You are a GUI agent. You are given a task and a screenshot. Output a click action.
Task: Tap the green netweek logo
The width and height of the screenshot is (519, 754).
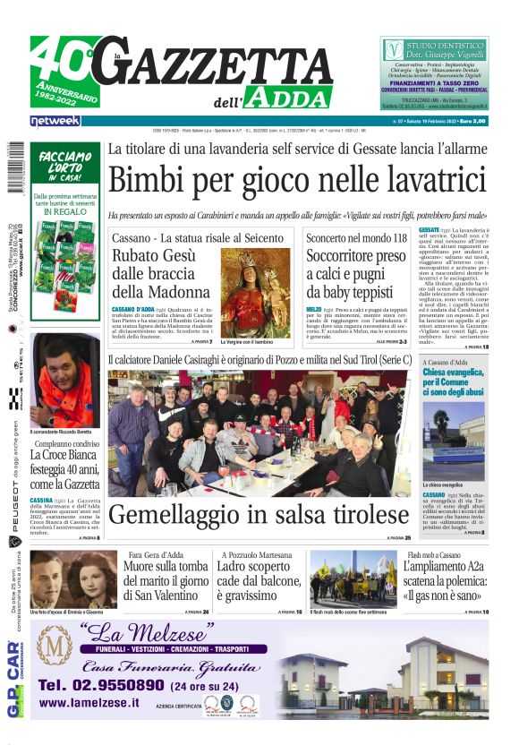tap(55, 120)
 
